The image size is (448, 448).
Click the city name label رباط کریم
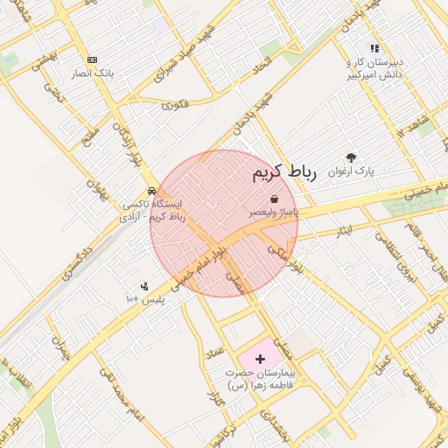tap(283, 172)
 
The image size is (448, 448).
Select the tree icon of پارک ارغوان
tap(352, 158)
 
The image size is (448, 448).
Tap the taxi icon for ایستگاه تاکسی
tap(152, 190)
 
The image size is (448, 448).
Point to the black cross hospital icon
tap(259, 359)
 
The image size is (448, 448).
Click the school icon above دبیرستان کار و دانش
tap(374, 49)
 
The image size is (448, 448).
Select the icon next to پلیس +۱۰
tap(144, 285)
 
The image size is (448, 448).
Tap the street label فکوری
tap(176, 105)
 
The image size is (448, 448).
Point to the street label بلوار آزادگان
tap(122, 140)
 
